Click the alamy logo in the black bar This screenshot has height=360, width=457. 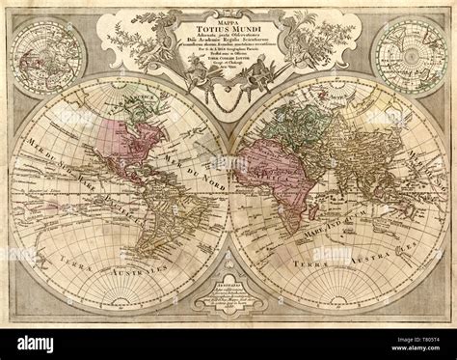click(x=39, y=342)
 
